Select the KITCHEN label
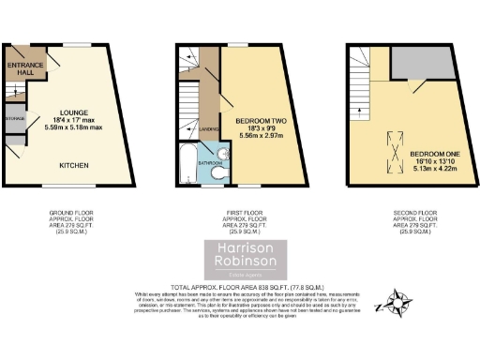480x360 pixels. click(75, 165)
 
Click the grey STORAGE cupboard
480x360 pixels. click(15, 119)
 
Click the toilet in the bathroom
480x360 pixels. click(217, 175)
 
